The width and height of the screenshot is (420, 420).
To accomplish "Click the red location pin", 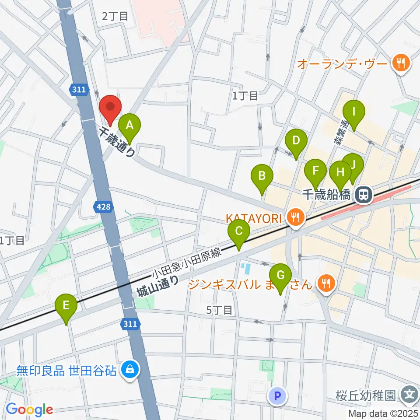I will pyautogui.click(x=110, y=108).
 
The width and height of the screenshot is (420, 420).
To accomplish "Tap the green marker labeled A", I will pyautogui.click(x=129, y=126).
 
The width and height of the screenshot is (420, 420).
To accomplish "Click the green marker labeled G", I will pyautogui.click(x=280, y=276).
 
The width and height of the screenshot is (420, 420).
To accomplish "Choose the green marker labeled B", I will pyautogui.click(x=262, y=177).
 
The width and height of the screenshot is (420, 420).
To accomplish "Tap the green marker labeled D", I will pyautogui.click(x=296, y=142).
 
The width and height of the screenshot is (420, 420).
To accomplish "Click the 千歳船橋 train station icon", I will pyautogui.click(x=363, y=194).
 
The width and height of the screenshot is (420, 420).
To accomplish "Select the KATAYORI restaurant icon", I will pyautogui.click(x=296, y=217).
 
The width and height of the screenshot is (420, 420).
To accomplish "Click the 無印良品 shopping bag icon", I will pyautogui.click(x=130, y=371).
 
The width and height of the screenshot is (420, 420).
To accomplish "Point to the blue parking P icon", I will pyautogui.click(x=276, y=396).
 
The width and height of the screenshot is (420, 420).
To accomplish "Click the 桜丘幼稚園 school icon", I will pyautogui.click(x=410, y=395).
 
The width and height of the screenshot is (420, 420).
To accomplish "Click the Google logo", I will pyautogui.click(x=29, y=409).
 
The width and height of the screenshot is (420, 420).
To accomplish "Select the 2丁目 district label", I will pyautogui.click(x=115, y=17).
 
